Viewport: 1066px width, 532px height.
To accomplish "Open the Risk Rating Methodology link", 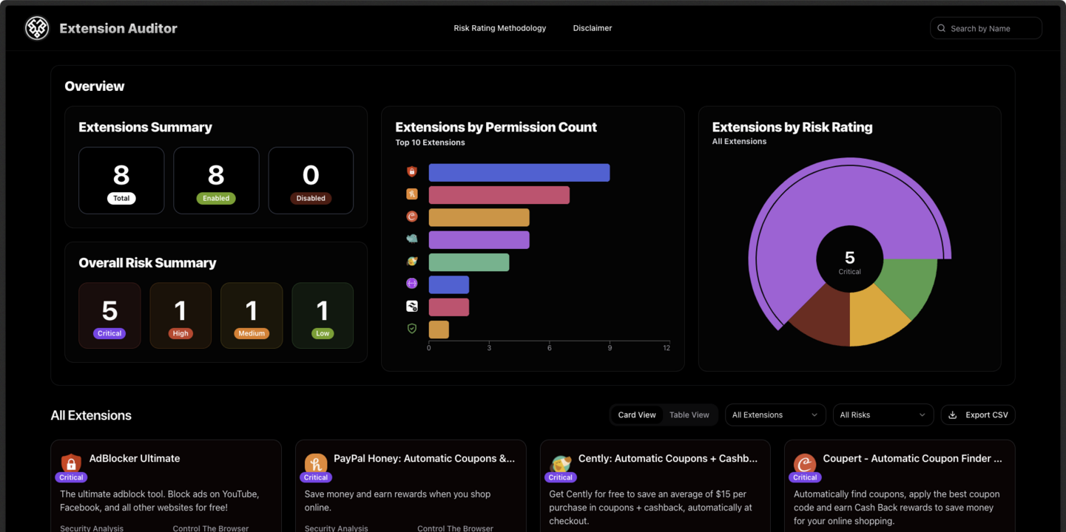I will [x=500, y=28].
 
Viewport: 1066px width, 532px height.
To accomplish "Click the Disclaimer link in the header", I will [x=593, y=28].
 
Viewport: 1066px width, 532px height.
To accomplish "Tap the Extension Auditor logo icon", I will [x=37, y=28].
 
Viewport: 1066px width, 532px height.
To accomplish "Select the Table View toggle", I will [x=689, y=415].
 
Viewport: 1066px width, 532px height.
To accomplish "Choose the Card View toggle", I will [x=637, y=415].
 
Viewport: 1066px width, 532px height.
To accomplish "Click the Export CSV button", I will [x=978, y=415].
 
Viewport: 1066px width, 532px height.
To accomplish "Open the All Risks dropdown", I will [x=883, y=415].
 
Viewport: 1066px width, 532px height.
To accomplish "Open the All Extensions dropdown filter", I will [x=775, y=415].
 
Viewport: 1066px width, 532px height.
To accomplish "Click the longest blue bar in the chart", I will [x=519, y=172].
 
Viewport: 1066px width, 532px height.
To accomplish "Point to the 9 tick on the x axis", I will [x=610, y=348].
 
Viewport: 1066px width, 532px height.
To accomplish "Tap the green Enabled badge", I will [x=216, y=198].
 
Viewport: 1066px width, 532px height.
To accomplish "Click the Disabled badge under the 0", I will [x=311, y=198].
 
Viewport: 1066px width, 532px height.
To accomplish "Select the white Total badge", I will [x=121, y=198].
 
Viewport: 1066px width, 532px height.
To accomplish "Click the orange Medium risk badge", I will [x=252, y=333].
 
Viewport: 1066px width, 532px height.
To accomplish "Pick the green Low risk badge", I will [x=323, y=333].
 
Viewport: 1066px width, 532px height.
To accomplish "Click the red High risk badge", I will [x=181, y=333].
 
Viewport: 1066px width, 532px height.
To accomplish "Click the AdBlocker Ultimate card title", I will [x=135, y=458].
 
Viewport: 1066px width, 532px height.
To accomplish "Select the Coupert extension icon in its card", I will [x=805, y=463].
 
